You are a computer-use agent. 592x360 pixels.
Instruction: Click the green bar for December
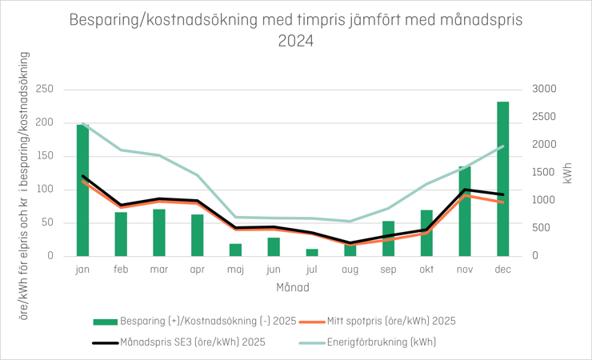coord(503,179)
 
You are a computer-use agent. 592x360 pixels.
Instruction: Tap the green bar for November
coord(465,211)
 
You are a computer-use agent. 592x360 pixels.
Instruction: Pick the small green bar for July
coord(312,253)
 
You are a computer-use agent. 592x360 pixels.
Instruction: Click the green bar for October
coord(426,234)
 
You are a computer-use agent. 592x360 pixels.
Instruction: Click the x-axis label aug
coord(350,270)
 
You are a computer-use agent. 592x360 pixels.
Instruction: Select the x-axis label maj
coord(235,270)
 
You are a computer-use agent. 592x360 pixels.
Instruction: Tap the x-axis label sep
coord(388,270)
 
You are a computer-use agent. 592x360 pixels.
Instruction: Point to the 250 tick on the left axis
coord(44,89)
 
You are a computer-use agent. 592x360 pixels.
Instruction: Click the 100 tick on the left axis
coord(44,190)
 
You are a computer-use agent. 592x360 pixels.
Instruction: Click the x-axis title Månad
coord(293,286)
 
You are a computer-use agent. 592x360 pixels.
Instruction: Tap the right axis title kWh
coord(568,173)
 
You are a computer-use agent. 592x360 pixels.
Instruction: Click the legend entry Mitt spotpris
coord(390,322)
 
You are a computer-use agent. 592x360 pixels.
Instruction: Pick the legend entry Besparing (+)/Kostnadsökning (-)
coord(206,322)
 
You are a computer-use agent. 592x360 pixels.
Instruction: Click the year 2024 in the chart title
coord(296,40)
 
